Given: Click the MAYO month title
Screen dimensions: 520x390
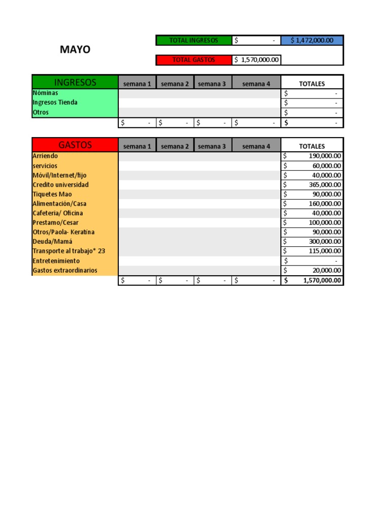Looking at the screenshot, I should (x=75, y=49).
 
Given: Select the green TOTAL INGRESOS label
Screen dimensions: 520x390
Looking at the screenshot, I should (x=193, y=41).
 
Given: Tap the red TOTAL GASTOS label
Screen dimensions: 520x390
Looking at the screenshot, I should (x=193, y=60).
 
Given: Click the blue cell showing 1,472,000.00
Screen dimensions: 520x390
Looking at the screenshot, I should (x=312, y=41).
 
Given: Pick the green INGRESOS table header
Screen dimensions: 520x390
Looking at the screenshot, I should (x=75, y=82).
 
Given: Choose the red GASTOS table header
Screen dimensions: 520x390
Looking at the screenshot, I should (x=75, y=145).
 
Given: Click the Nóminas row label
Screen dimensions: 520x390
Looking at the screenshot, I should (x=45, y=93).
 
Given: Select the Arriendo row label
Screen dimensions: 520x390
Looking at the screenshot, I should (x=45, y=156).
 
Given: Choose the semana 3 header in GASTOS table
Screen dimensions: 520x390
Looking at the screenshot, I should (x=212, y=146).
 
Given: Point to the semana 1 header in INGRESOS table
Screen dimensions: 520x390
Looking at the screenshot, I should (x=137, y=84).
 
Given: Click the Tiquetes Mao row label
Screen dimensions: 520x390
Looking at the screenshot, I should (x=52, y=194).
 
